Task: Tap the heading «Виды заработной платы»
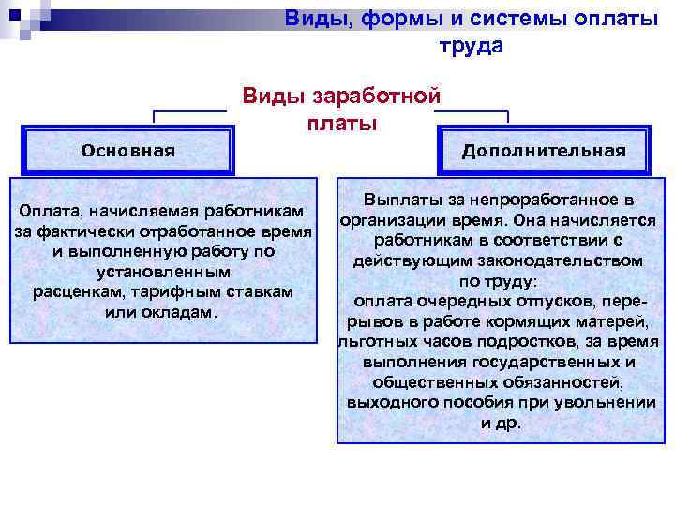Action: (x=342, y=109)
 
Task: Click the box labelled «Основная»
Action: (x=127, y=150)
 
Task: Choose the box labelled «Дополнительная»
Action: (x=544, y=151)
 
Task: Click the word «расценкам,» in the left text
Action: (x=77, y=292)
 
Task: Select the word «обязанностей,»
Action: (x=557, y=382)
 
